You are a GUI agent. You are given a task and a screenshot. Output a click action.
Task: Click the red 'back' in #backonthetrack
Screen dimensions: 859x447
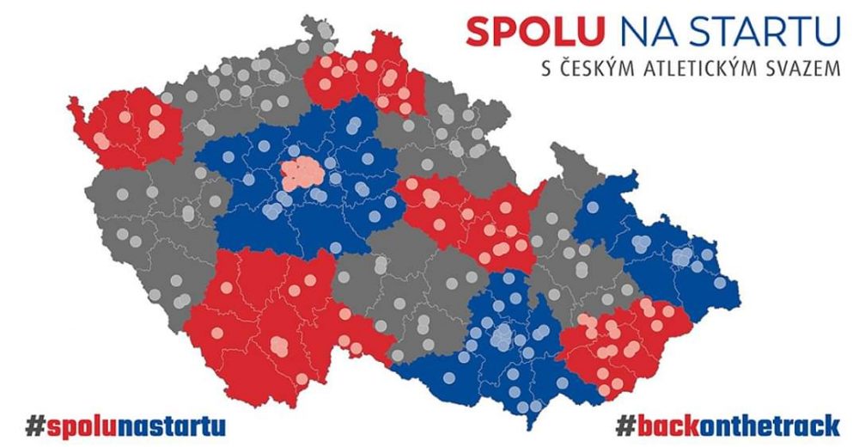[x=671, y=424]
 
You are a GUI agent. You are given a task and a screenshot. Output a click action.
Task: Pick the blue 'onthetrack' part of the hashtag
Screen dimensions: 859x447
[x=773, y=424]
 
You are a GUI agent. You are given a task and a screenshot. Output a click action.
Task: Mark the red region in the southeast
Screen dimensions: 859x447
[x=623, y=344]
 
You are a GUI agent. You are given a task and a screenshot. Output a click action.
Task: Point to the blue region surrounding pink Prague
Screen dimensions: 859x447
[x=258, y=215]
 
